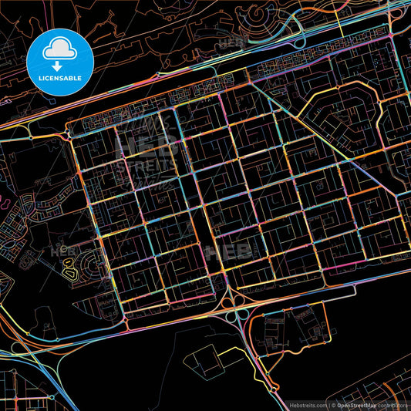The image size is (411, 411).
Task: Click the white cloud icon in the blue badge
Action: click(59, 48)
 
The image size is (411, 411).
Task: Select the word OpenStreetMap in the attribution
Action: click(357, 404)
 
